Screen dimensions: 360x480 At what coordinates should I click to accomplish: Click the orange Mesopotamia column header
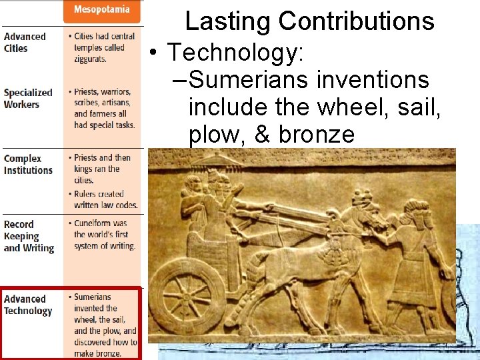[102, 10]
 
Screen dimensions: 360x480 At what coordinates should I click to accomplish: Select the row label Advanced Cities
[25, 42]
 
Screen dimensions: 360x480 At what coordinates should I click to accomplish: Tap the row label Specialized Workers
[28, 99]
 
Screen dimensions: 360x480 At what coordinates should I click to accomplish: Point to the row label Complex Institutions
[28, 164]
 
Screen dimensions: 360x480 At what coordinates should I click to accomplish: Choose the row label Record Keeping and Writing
[29, 236]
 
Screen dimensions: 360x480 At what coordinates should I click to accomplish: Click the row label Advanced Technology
[28, 305]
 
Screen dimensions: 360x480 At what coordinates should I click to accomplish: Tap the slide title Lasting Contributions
[309, 21]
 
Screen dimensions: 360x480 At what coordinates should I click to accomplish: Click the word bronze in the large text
[317, 135]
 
